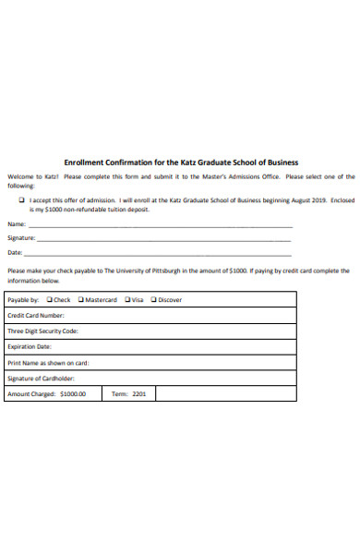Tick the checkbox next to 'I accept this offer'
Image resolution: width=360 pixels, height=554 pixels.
(x=22, y=199)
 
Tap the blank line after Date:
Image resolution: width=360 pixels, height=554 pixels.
(x=157, y=253)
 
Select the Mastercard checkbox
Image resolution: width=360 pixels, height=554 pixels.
(x=81, y=299)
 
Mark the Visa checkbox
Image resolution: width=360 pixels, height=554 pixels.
(x=126, y=299)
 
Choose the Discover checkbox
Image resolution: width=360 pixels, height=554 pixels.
(x=154, y=299)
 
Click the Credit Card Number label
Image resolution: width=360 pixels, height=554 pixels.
(x=36, y=315)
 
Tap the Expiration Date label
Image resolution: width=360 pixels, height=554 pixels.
(x=30, y=346)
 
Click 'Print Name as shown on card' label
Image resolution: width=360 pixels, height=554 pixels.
(x=48, y=362)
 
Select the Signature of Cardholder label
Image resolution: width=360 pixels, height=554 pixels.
(x=42, y=378)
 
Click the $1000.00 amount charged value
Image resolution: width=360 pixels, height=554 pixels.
(x=73, y=393)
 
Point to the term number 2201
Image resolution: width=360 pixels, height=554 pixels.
(x=138, y=393)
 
